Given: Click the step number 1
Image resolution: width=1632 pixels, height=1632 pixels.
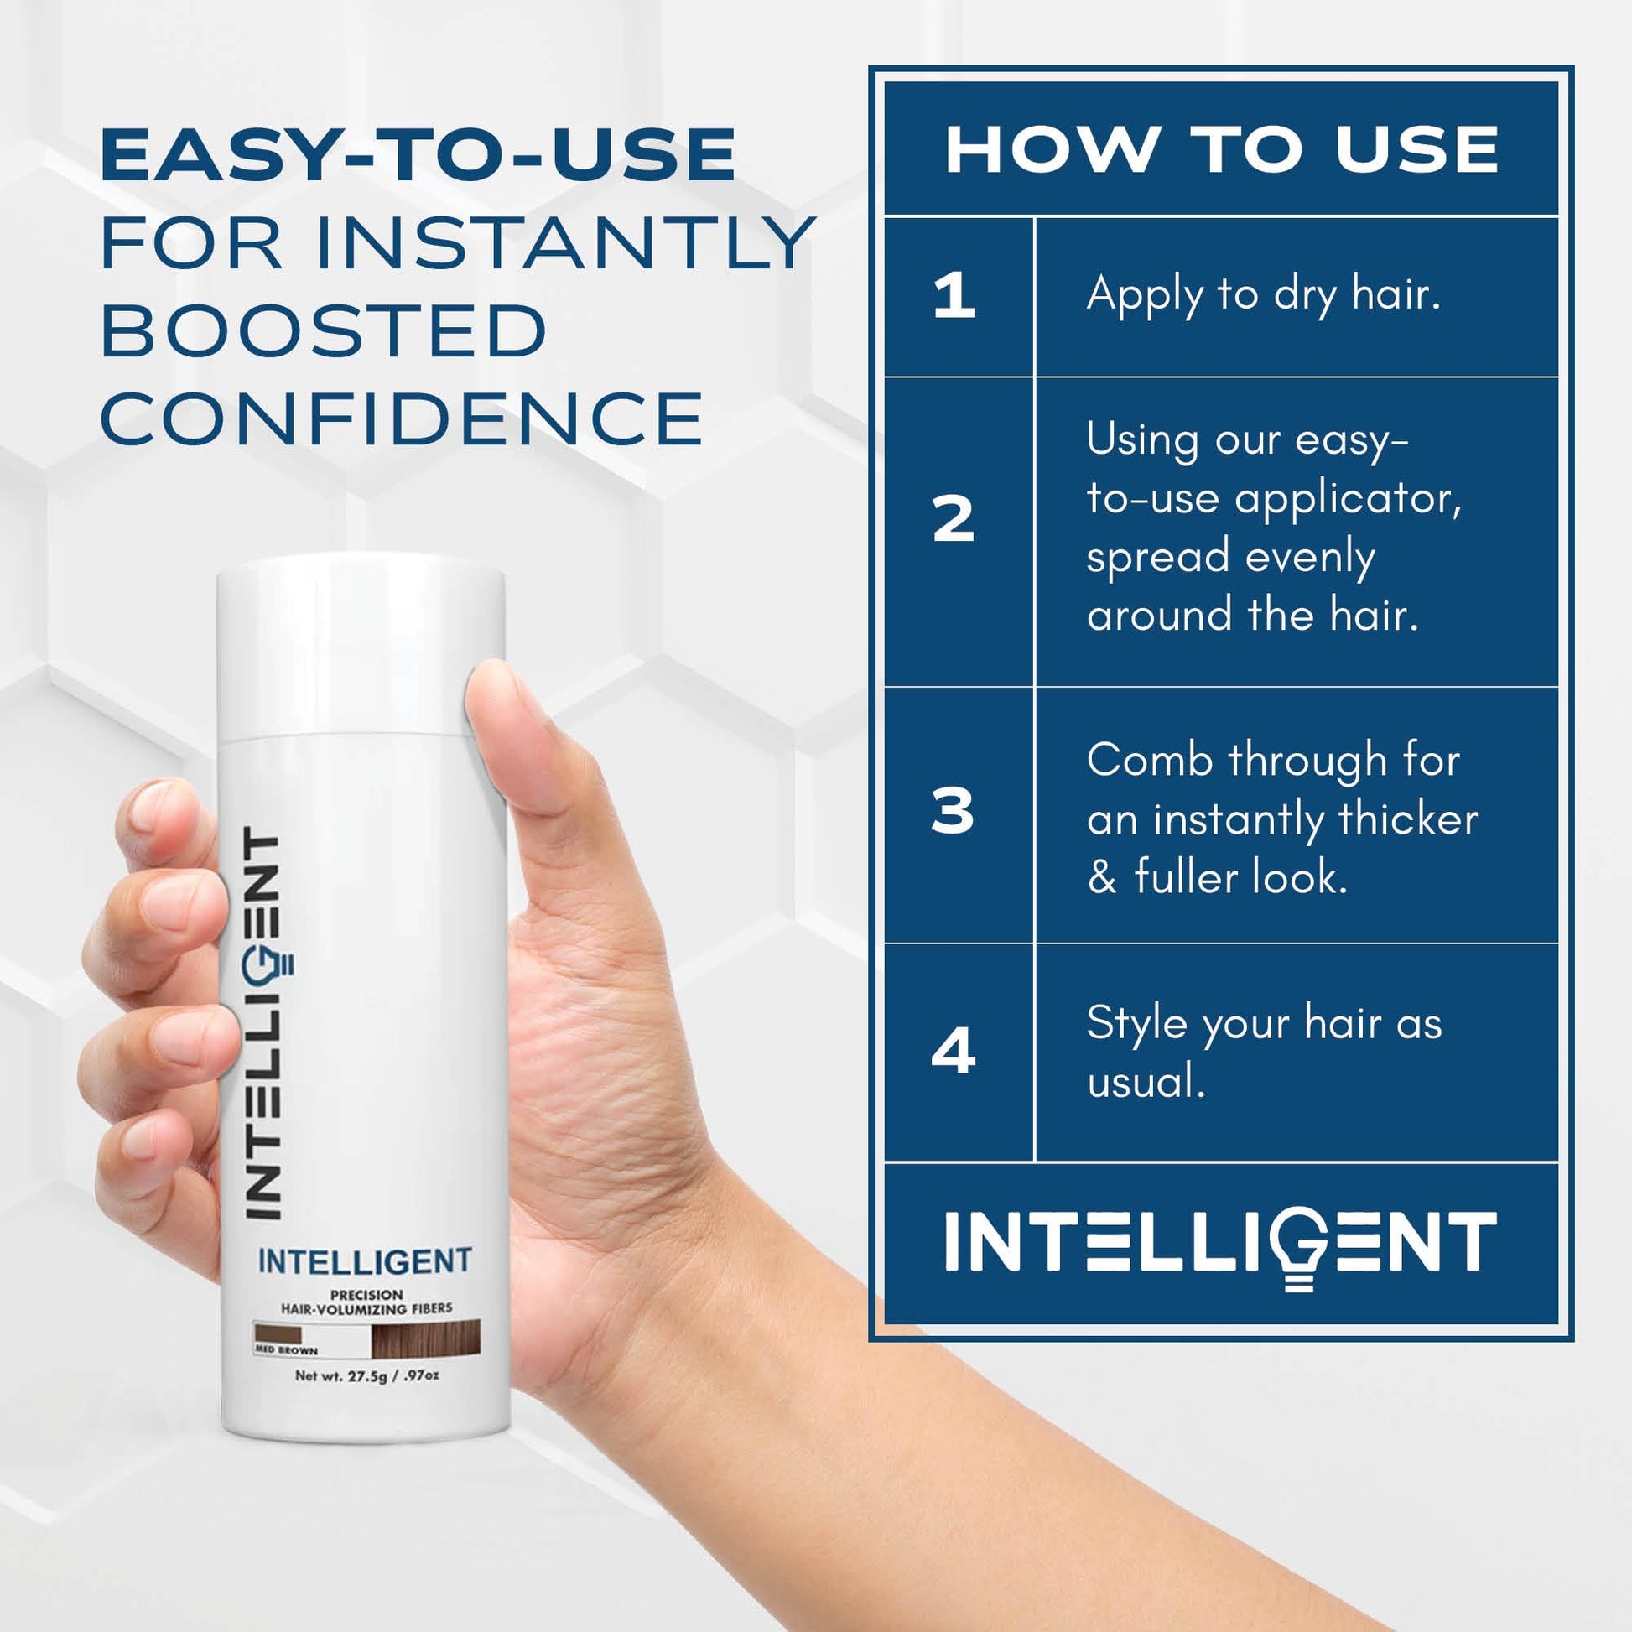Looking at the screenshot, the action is [954, 297].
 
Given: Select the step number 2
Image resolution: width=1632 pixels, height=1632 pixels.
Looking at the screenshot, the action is [954, 518].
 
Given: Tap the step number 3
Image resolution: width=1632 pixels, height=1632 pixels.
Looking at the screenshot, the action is [953, 812].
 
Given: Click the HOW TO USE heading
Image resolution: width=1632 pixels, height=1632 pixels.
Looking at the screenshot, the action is [1221, 150].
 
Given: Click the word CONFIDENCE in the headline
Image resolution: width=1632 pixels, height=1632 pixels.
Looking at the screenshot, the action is [402, 419].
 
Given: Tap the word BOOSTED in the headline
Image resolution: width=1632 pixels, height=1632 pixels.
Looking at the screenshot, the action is [325, 330].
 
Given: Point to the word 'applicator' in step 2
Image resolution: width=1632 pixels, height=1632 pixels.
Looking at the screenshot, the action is [1349, 499].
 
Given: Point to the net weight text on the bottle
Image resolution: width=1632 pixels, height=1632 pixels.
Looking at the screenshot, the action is [366, 1375].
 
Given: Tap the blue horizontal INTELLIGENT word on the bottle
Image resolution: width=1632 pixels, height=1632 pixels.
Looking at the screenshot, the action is [364, 1262].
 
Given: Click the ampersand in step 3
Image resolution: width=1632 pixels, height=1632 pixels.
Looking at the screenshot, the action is [1102, 878].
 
